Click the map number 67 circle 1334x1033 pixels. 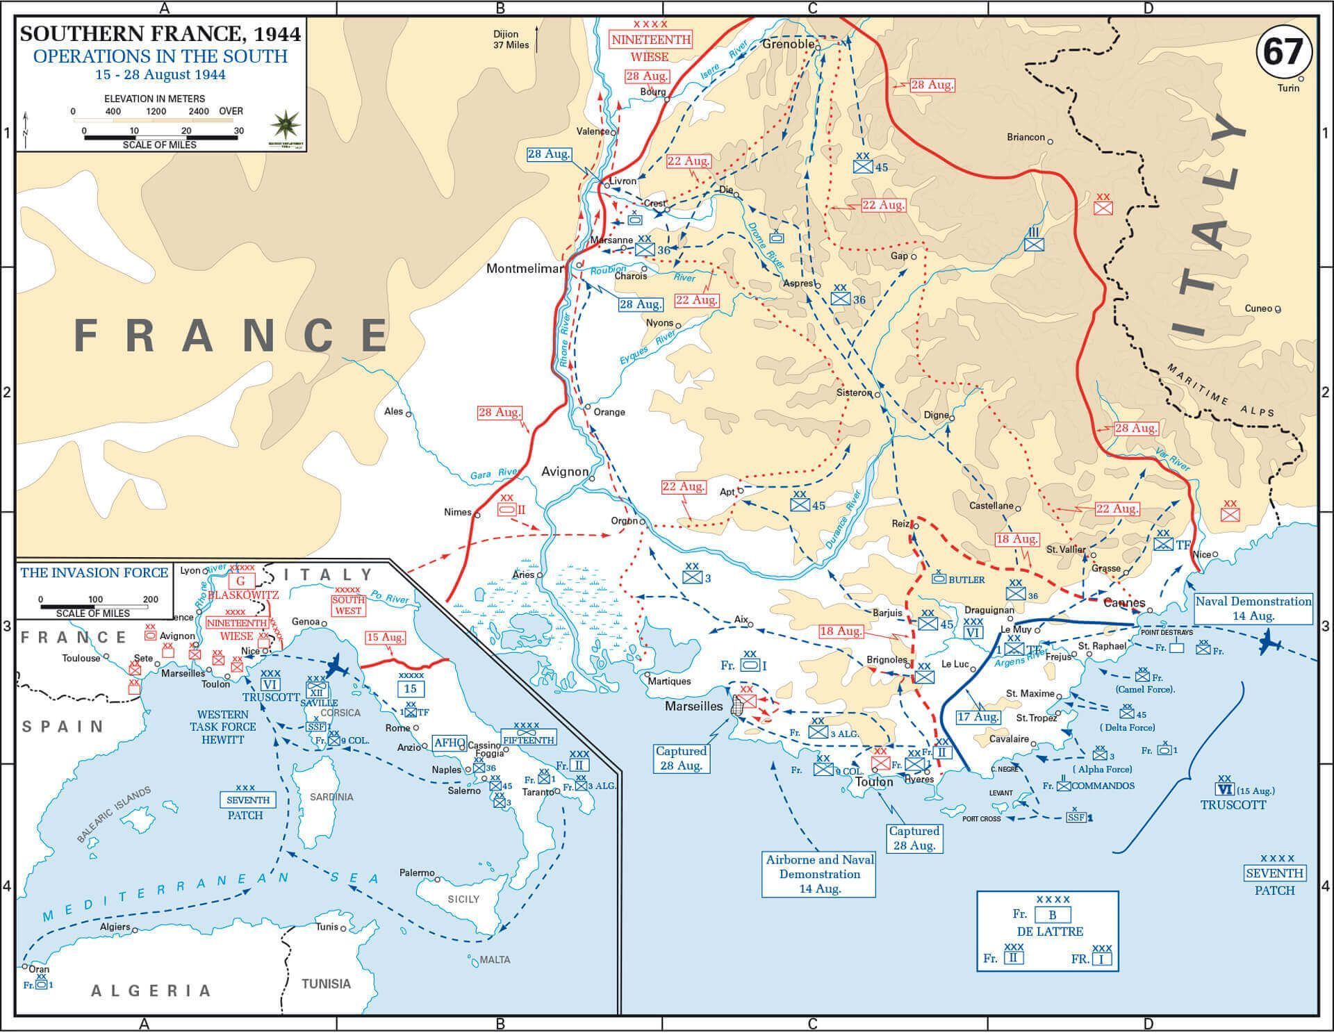(1283, 52)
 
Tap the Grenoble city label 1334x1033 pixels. (788, 44)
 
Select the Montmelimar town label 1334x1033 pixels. (525, 268)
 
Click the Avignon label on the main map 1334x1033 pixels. (564, 472)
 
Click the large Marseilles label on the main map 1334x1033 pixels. (693, 706)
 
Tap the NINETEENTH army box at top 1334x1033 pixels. (651, 40)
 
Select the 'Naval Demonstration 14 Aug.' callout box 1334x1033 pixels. (1253, 609)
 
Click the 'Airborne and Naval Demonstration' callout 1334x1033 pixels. (819, 874)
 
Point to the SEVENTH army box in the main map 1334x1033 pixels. (1274, 873)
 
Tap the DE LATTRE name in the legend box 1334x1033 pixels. (1049, 932)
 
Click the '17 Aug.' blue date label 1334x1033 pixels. (978, 717)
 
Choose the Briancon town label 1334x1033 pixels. (1026, 137)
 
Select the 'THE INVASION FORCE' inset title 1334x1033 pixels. (94, 572)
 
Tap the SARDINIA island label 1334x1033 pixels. (331, 797)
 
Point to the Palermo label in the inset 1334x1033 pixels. (417, 873)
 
